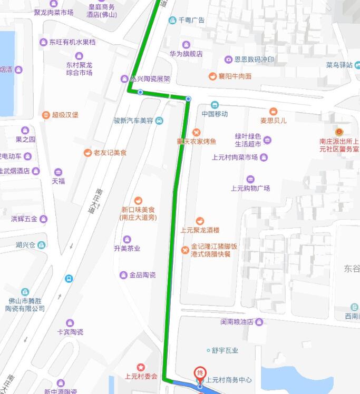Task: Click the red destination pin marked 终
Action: click(200, 372)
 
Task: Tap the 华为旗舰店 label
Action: click(186, 54)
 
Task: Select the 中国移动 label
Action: click(215, 114)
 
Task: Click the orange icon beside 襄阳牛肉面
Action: click(212, 76)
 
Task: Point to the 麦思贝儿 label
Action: click(273, 120)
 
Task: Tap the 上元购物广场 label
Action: click(250, 188)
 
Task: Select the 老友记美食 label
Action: click(110, 153)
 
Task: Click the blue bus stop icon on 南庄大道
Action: click(69, 278)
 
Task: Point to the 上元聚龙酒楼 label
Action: click(199, 230)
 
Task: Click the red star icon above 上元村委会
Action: click(141, 367)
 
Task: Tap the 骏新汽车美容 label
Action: click(133, 120)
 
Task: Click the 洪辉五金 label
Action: click(24, 219)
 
